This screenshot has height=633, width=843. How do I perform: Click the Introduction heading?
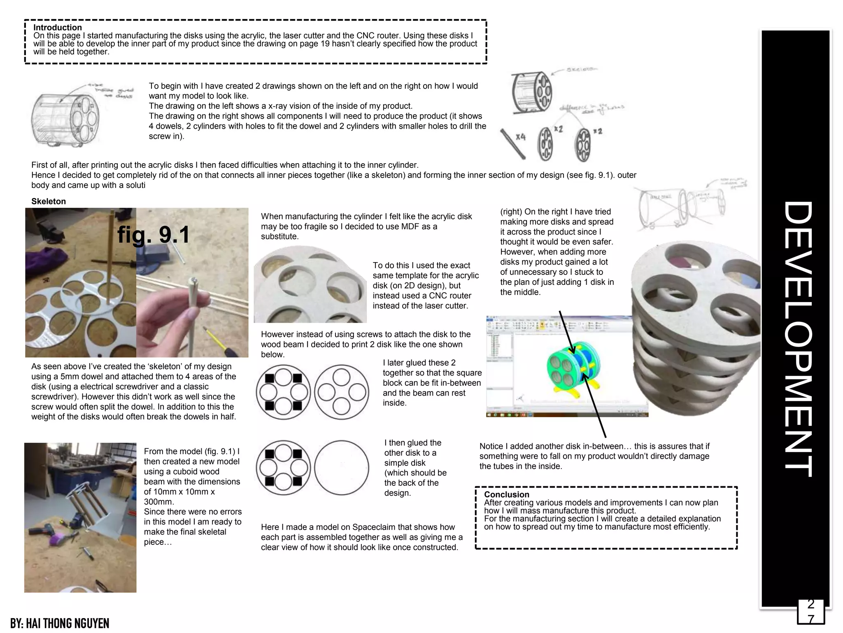[x=57, y=28]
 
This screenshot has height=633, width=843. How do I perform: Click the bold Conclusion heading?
[x=506, y=495]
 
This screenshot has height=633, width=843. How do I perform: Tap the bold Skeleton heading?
[x=49, y=202]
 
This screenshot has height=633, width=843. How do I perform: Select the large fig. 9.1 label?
[x=153, y=234]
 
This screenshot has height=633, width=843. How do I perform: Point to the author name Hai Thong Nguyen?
[x=60, y=623]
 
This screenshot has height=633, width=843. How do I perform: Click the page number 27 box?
[x=810, y=612]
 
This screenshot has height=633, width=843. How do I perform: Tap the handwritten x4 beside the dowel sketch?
[x=520, y=136]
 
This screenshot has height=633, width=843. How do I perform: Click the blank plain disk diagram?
[x=341, y=467]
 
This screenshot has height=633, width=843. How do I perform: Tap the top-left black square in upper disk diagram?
[x=270, y=378]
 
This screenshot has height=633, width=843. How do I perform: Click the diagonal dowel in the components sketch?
[x=512, y=143]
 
